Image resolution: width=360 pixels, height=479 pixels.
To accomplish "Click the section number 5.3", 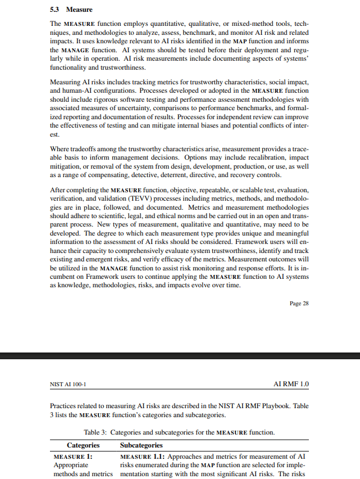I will (55, 10).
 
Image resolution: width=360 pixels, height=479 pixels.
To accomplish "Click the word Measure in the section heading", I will (79, 10).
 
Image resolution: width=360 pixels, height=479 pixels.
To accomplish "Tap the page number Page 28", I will (299, 303).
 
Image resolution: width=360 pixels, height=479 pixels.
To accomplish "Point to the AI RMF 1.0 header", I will (291, 385).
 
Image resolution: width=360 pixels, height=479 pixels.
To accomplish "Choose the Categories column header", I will (83, 445).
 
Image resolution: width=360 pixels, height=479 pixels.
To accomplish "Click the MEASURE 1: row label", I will (73, 457).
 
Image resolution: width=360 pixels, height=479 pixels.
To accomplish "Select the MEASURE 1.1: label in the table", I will (143, 457).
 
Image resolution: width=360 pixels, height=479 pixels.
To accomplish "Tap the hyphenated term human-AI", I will (65, 91).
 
